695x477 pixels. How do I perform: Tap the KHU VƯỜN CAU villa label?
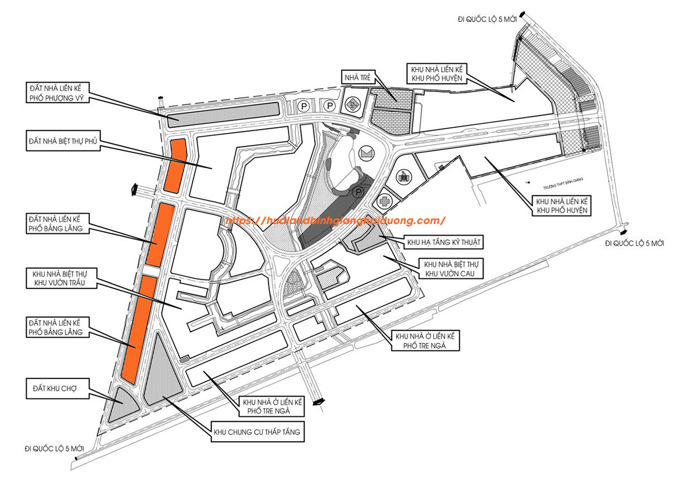pyautogui.click(x=445, y=269)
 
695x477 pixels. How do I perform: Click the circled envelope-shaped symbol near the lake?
pyautogui.click(x=366, y=153)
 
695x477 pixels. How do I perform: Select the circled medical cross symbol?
pyautogui.click(x=383, y=202)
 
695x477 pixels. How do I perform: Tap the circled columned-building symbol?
pyautogui.click(x=404, y=175)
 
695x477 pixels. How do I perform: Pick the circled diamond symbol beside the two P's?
pyautogui.click(x=351, y=105)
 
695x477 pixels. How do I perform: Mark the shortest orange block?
pyautogui.click(x=174, y=165)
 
